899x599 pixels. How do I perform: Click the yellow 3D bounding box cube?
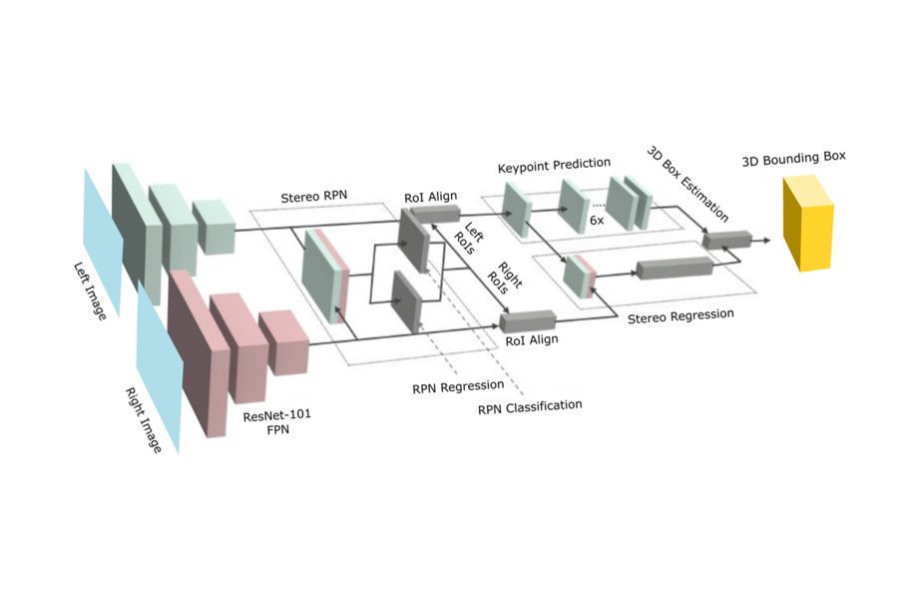(x=806, y=225)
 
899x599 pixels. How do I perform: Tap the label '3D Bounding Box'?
(x=794, y=160)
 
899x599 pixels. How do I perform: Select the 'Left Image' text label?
(x=90, y=290)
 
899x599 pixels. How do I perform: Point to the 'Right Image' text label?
(x=142, y=420)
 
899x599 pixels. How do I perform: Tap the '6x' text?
(x=596, y=220)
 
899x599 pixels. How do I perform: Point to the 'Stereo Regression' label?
(x=679, y=315)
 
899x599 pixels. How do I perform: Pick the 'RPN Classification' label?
(x=529, y=406)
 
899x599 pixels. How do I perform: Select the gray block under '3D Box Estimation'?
(x=726, y=240)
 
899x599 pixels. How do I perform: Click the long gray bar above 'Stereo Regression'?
(x=674, y=268)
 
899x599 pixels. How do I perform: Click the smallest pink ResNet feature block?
(x=283, y=342)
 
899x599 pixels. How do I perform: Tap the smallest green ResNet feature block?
(x=212, y=227)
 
